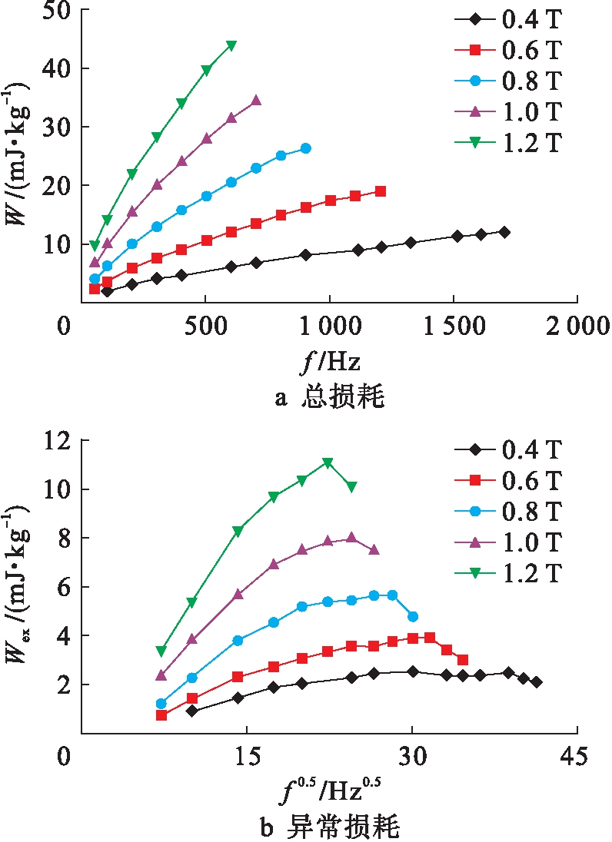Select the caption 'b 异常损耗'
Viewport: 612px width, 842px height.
[x=331, y=827]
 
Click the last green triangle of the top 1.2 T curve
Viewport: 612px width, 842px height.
[x=231, y=45]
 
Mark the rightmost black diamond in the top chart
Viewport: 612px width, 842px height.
[x=504, y=232]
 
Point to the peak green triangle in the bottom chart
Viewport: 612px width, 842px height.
[x=328, y=462]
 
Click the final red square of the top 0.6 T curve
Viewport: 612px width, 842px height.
[x=381, y=191]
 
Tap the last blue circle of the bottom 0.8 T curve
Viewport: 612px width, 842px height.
[x=413, y=616]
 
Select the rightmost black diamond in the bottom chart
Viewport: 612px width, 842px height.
[x=537, y=682]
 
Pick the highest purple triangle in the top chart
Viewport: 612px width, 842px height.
[x=256, y=101]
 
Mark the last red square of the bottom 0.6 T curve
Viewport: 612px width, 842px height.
[x=463, y=660]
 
